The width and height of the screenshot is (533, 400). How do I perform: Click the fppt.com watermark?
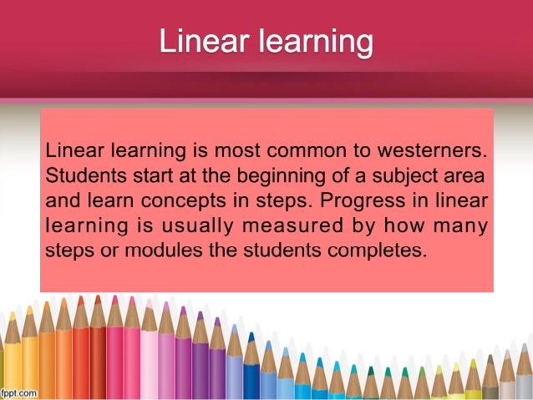pos(18,392)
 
